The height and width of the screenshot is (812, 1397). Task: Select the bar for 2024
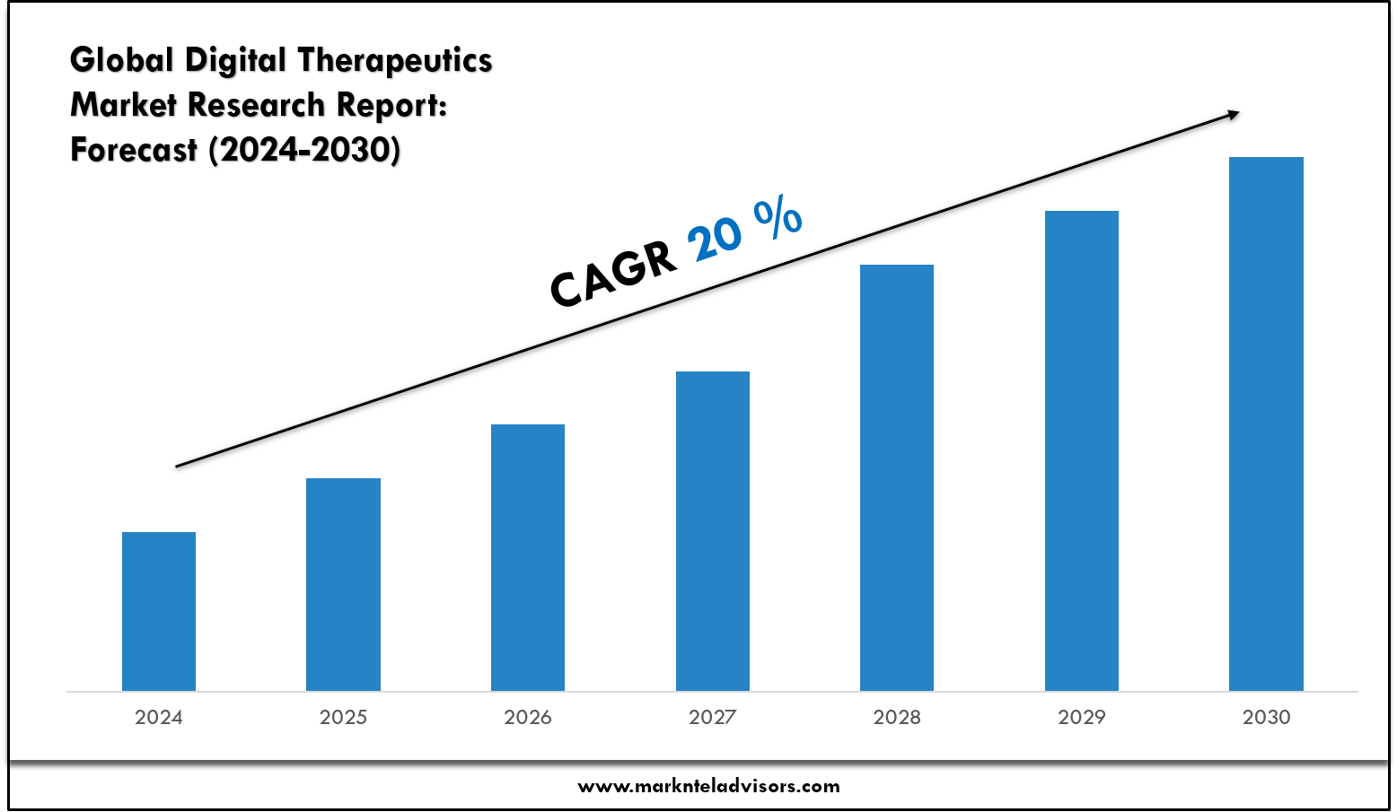coord(159,611)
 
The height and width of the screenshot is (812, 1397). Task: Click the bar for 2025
coord(343,584)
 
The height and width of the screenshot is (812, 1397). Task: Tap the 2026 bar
coord(528,557)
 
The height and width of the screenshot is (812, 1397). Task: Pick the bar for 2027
coord(713,531)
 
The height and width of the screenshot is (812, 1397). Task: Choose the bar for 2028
coord(897,477)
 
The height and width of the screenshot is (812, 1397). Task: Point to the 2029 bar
coord(1082,450)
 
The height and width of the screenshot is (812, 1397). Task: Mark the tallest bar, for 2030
coord(1266,423)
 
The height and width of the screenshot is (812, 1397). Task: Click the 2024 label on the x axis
coord(159,717)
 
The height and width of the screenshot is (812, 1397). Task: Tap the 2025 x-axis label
coord(343,717)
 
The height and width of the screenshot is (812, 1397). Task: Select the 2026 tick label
coord(528,717)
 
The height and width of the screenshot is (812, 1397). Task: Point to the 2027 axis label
coord(713,717)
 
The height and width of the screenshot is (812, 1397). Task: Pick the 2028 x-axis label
coord(897,717)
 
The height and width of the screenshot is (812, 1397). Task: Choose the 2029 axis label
coord(1082,717)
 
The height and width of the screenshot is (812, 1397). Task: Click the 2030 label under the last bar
coord(1266,717)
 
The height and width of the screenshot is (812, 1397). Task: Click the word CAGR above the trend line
coord(614,273)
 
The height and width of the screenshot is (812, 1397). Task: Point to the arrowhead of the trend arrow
coord(1233,114)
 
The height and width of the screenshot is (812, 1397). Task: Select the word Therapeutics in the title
coord(395,60)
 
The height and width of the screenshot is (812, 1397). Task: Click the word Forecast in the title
coord(134,149)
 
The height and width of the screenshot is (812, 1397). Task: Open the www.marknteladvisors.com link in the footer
coord(708,787)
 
